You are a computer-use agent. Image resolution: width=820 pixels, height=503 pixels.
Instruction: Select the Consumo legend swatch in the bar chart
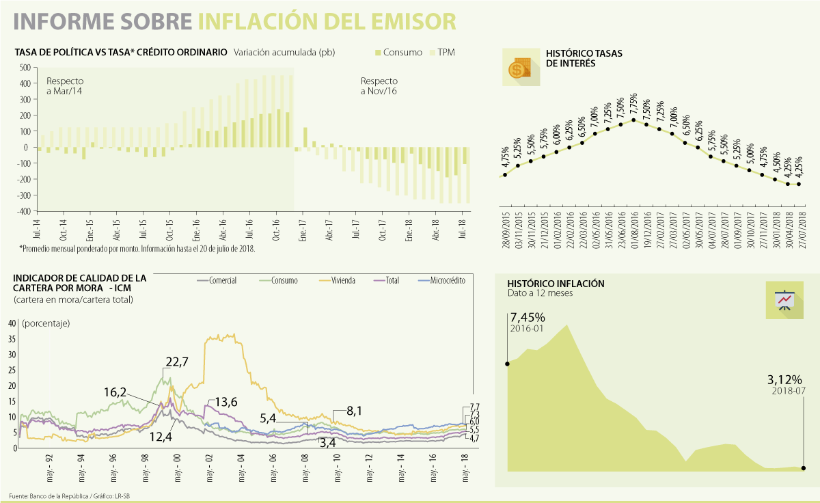(378, 53)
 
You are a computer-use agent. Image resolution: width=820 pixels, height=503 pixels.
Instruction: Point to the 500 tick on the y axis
(25, 68)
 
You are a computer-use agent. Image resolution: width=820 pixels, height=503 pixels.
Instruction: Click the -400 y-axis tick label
(23, 211)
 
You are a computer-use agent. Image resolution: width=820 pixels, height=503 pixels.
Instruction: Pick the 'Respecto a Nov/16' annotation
(379, 85)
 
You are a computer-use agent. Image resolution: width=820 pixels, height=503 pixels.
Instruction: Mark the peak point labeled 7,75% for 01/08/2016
(633, 120)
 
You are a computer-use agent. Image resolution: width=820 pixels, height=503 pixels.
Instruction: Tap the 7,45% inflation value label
(528, 317)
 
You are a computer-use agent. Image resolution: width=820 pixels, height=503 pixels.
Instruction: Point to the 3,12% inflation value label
(784, 380)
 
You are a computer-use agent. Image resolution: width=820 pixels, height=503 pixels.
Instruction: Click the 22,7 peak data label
(176, 362)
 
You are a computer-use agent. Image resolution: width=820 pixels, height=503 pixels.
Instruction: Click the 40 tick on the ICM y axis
(12, 323)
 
